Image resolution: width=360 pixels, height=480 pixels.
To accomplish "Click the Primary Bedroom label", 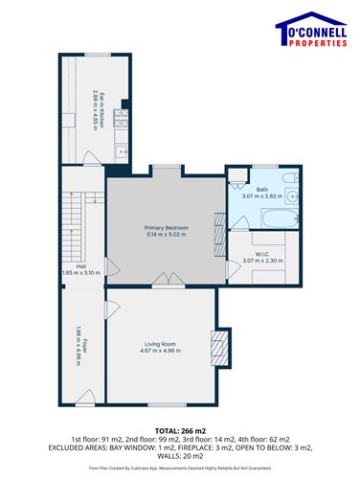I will point(167,227).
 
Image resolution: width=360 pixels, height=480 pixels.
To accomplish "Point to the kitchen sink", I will point(121,151).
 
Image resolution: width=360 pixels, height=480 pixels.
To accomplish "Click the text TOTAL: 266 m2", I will point(180,431).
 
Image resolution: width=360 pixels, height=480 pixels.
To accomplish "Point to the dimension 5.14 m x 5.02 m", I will point(167,235).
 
